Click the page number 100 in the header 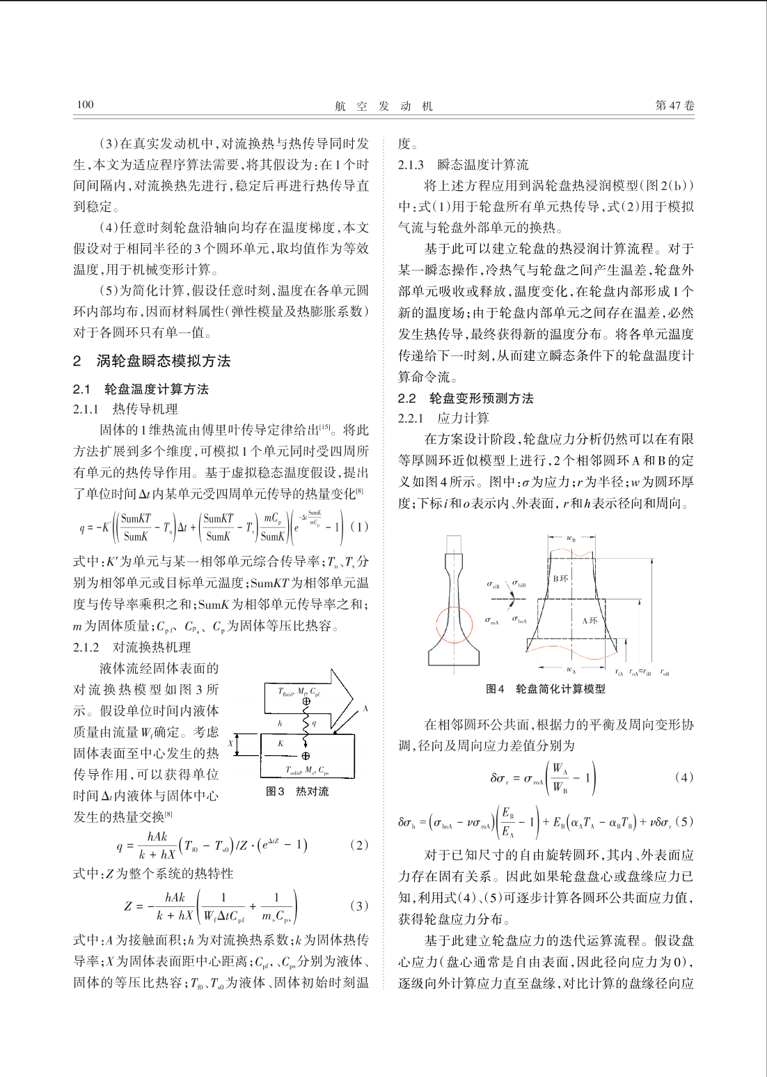click(x=85, y=104)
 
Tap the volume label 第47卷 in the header click(x=674, y=105)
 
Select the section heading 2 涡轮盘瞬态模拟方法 click(x=152, y=361)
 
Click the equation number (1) click(x=359, y=527)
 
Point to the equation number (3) click(x=359, y=906)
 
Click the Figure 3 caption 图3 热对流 click(x=297, y=791)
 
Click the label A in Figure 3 click(x=365, y=708)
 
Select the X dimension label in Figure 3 click(x=231, y=744)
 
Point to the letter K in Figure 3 click(x=280, y=744)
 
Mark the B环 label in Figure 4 click(x=560, y=578)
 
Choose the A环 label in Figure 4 click(x=590, y=620)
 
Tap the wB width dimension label click(x=571, y=538)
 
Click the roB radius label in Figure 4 click(x=665, y=673)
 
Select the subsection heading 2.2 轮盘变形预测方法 click(x=466, y=398)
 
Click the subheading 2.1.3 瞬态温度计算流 click(x=463, y=165)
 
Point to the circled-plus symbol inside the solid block click(x=306, y=755)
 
